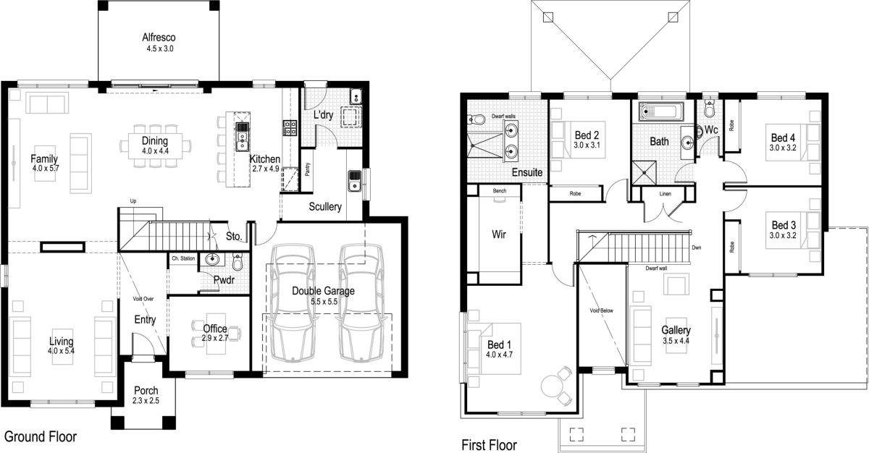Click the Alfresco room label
point(159,38)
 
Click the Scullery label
point(324,207)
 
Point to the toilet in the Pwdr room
point(237,262)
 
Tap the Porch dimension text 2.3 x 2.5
point(146,400)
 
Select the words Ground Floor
point(41,437)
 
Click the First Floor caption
point(490,444)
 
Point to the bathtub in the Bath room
point(660,112)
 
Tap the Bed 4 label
point(783,137)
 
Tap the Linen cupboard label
point(665,195)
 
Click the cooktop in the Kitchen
point(290,127)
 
